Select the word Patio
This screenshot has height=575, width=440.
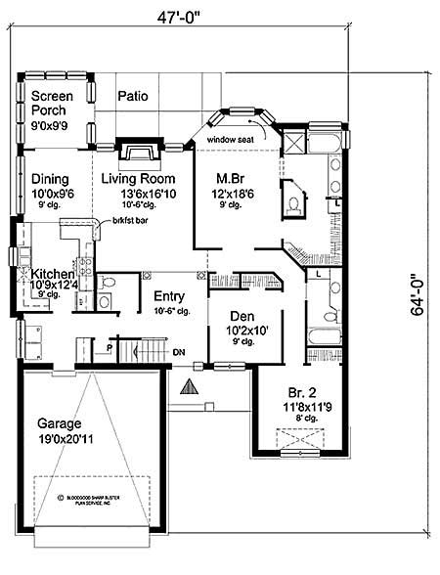coord(133,96)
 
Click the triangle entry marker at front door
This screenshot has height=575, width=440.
coord(189,389)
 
